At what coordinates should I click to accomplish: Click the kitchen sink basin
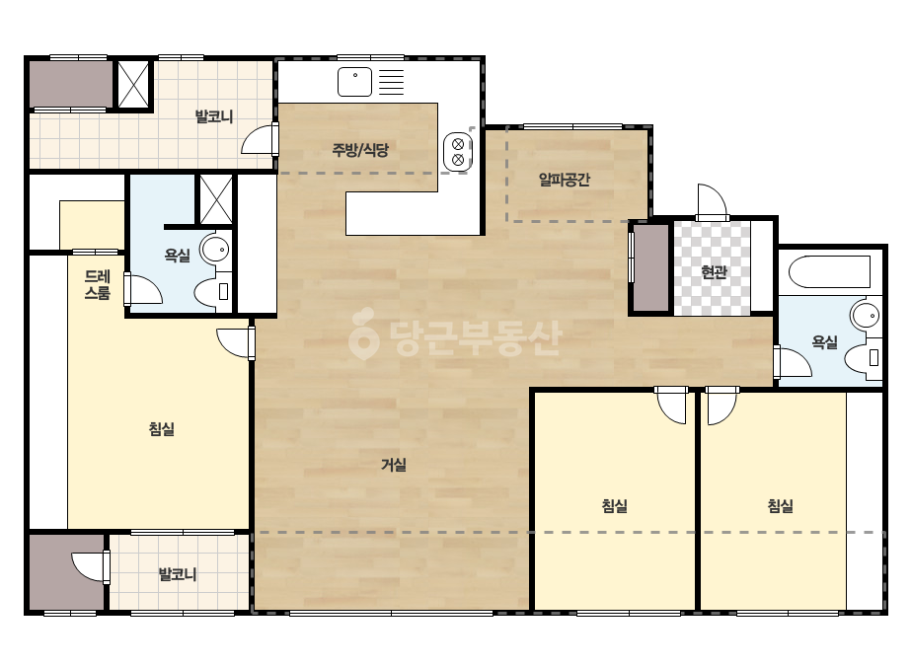[354, 82]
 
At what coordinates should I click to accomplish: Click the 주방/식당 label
[360, 151]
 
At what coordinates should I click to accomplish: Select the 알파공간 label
[565, 180]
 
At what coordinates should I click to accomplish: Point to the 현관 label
[714, 272]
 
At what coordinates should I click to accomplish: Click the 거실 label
[394, 464]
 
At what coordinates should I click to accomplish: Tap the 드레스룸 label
[97, 285]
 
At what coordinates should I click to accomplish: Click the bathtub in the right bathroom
[829, 271]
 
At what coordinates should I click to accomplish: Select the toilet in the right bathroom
[863, 358]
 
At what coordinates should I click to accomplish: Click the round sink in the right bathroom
[866, 317]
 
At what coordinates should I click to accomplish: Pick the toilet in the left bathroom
[212, 292]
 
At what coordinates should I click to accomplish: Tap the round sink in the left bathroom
[215, 250]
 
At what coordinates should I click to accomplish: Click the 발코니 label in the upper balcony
[214, 116]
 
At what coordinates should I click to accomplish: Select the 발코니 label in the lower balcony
[178, 574]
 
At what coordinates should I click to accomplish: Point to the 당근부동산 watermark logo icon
[363, 334]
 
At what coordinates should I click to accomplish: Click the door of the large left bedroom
[236, 342]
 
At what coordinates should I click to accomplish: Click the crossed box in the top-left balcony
[133, 84]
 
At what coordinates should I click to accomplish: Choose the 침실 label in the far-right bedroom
[781, 506]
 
